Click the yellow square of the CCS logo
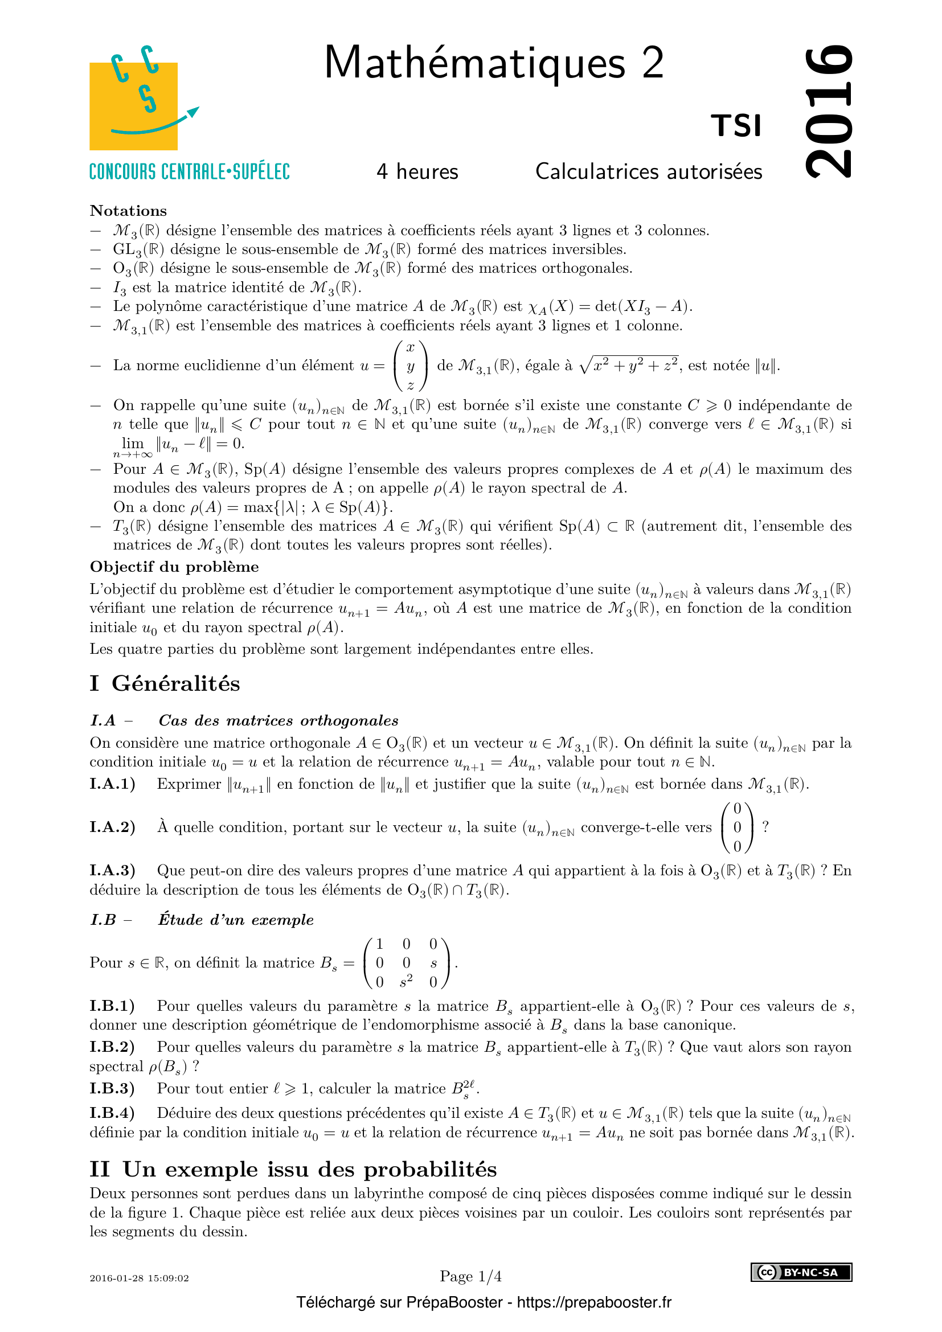click(133, 107)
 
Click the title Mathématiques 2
click(494, 63)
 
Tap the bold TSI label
click(736, 126)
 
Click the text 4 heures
click(417, 172)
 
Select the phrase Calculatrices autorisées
click(649, 172)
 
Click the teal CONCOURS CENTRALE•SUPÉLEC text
click(189, 172)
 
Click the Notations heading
click(128, 211)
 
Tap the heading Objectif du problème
click(174, 567)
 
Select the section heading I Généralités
click(165, 683)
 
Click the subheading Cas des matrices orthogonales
click(278, 720)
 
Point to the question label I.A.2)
click(113, 827)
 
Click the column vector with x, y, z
click(411, 366)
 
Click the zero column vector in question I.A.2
click(736, 827)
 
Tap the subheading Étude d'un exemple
click(236, 920)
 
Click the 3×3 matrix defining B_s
click(406, 963)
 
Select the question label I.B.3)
click(113, 1088)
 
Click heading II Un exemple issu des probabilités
click(293, 1169)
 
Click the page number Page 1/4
click(470, 1276)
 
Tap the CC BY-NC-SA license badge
click(801, 1272)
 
